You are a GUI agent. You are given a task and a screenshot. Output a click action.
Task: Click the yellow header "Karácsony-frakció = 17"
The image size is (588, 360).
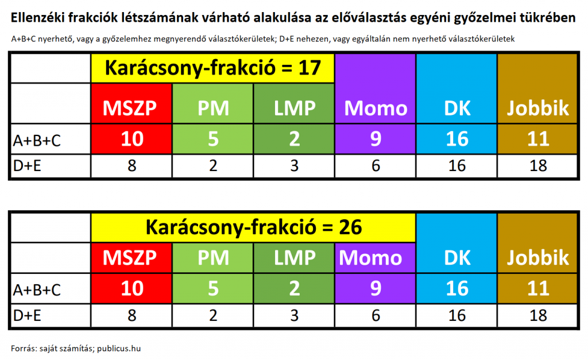click(212, 68)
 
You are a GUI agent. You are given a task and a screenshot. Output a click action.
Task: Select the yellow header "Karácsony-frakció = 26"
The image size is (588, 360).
click(253, 227)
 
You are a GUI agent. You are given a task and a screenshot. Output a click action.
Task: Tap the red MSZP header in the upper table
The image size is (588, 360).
click(131, 103)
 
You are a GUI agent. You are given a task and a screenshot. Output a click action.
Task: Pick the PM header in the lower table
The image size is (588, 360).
click(213, 258)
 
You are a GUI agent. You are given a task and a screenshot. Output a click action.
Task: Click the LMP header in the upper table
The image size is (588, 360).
click(294, 103)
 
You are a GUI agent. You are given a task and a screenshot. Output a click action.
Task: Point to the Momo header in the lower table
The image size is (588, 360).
click(375, 258)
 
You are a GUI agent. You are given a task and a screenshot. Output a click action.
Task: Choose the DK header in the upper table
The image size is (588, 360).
click(457, 89)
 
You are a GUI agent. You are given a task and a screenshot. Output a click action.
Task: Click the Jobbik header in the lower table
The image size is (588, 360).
click(537, 243)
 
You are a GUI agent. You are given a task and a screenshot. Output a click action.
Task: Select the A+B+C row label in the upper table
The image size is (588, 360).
click(37, 141)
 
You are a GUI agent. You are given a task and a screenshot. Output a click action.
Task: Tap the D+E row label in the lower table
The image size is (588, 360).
click(26, 316)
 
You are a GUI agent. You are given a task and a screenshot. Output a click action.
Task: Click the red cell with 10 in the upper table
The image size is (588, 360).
click(131, 139)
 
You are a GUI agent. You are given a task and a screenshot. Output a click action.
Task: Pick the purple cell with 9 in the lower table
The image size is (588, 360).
click(375, 288)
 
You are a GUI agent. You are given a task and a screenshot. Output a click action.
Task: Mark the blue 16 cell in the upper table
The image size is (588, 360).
click(457, 139)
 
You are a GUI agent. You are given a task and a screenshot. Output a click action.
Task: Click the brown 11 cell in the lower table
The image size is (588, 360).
click(537, 288)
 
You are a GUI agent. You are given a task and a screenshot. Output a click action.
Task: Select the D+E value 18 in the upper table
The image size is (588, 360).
click(537, 166)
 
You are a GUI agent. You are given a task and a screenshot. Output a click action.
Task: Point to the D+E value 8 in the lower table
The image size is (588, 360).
click(131, 316)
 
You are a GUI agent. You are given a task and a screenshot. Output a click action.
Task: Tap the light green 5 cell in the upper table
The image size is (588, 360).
click(213, 139)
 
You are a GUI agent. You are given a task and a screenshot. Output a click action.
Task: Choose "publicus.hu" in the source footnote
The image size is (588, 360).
click(119, 349)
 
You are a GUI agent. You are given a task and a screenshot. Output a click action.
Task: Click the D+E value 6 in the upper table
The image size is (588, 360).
click(376, 166)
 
